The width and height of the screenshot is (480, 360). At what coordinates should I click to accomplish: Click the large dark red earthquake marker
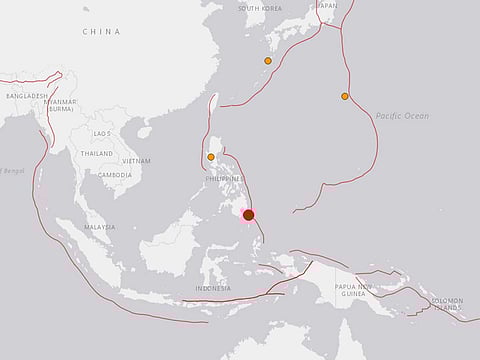[248, 214]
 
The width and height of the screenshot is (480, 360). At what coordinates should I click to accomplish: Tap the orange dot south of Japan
[267, 61]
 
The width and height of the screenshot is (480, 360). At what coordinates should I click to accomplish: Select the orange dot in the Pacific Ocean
[344, 96]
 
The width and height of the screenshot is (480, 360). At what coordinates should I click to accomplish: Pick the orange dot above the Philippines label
[210, 156]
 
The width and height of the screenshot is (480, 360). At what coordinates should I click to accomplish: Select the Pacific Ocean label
[402, 117]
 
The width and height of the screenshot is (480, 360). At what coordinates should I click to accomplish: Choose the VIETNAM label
[136, 160]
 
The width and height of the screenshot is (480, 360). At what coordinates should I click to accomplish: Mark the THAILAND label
[97, 154]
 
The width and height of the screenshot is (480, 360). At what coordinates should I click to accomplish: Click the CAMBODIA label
[115, 174]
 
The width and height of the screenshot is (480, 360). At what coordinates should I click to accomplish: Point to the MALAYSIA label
[99, 227]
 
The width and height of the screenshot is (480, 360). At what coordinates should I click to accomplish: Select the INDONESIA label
[212, 288]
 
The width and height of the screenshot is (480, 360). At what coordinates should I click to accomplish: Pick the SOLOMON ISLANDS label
[447, 303]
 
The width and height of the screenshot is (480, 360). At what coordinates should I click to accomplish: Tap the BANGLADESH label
[27, 96]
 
